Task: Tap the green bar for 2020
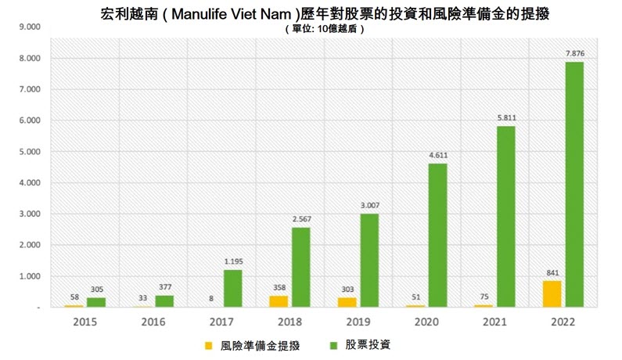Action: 437,236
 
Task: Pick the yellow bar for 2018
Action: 278,301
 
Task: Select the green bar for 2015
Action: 96,302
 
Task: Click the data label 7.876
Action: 574,54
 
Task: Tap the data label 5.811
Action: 505,118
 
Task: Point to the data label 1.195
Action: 232,262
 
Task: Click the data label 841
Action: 551,273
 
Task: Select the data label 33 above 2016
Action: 141,298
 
